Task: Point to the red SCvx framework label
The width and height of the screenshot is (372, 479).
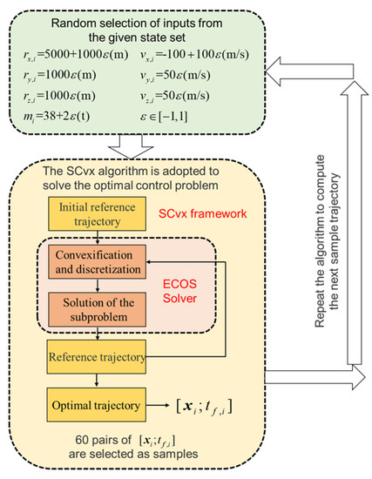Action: [213, 215]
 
